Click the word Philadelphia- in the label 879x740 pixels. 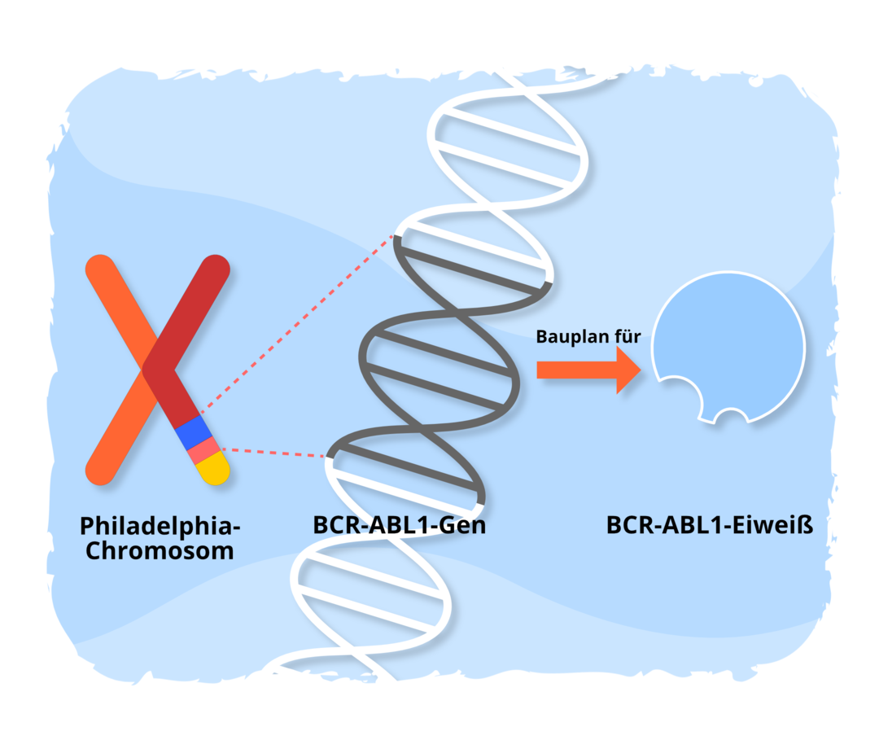160,525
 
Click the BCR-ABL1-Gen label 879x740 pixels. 399,524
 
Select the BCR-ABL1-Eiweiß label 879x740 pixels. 710,524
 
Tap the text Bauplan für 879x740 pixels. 588,336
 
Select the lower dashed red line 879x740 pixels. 273,452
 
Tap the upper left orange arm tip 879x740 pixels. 100,270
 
